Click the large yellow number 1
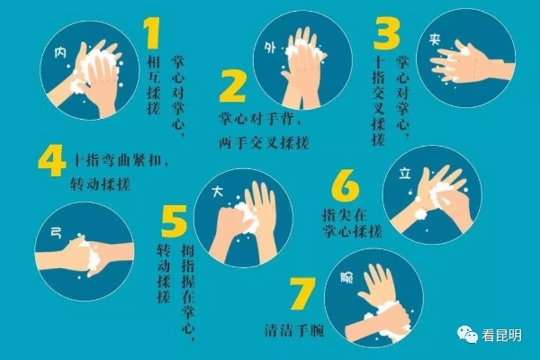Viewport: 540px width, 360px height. pos(153,33)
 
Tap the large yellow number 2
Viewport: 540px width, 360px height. pos(232,85)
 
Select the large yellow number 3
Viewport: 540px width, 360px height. pos(387,33)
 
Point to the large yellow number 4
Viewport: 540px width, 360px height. pos(51,160)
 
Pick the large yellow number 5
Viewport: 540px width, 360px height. pos(175,220)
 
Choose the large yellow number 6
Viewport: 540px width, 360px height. pos(346,185)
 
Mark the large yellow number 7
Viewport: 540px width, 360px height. pos(302,293)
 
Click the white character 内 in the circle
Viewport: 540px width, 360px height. pos(61,53)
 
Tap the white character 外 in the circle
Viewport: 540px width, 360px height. pos(270,48)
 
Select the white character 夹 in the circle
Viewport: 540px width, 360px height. pos(435,40)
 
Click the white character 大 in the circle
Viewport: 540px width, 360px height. pos(218,192)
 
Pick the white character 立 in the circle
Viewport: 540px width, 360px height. pos(405,174)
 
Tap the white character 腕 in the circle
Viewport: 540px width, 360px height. pos(346,277)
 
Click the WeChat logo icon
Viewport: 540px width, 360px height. pos(467,335)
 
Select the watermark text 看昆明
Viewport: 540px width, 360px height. pos(501,335)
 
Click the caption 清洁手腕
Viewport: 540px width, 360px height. pos(294,330)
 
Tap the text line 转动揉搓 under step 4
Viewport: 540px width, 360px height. pos(101,184)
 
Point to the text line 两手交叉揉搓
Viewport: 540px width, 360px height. pos(264,142)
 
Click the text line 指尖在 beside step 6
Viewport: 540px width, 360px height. pos(345,214)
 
